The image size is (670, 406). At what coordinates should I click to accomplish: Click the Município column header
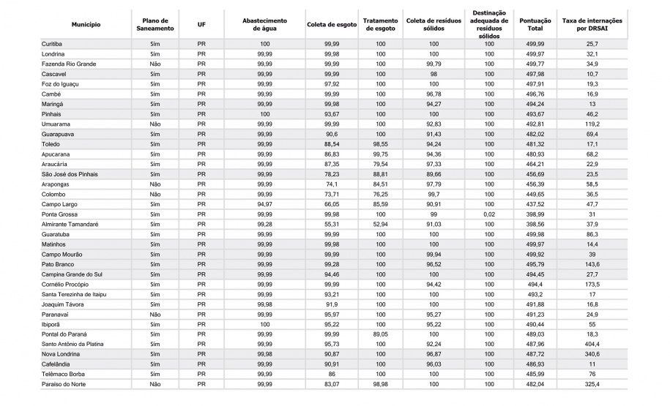point(86,25)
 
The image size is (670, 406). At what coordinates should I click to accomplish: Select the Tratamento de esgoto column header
point(380,25)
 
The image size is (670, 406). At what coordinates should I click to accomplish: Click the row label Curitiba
point(52,45)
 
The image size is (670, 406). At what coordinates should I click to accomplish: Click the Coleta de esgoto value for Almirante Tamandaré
point(331,224)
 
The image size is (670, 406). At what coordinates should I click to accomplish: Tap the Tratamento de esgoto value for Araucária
point(380,165)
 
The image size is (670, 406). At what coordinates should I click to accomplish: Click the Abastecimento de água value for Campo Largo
point(264,204)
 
